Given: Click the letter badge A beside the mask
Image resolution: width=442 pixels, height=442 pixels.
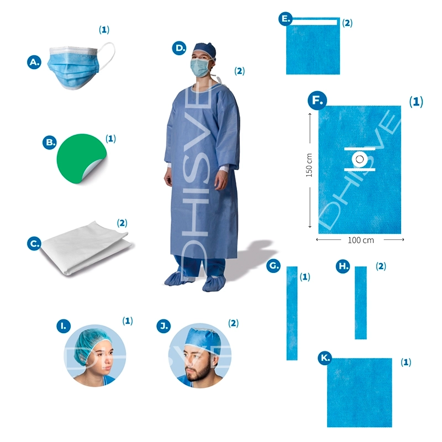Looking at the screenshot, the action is coord(34,62).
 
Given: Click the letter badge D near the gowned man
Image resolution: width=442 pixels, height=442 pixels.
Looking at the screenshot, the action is coord(179,48).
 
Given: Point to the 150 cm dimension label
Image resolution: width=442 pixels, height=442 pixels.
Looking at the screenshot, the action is coord(309,165).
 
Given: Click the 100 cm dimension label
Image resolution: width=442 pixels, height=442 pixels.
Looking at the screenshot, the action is coord(361,240).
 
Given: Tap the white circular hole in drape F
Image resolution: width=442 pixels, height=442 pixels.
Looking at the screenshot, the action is coord(360,159).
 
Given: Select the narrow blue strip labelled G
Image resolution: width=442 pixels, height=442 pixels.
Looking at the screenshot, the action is coord(292,313).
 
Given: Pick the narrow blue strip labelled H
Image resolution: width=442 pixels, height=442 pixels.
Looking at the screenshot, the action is coord(361,303).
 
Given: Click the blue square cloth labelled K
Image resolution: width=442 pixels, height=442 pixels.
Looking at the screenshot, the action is coord(360,393).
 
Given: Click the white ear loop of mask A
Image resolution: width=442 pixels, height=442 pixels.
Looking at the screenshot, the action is coord(107,55).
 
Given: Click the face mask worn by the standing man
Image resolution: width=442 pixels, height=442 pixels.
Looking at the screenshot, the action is coord(200,67).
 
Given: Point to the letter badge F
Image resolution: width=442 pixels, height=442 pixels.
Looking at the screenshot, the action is coord(317,101).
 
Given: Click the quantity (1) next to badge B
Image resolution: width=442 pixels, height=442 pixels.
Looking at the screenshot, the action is coord(110,139).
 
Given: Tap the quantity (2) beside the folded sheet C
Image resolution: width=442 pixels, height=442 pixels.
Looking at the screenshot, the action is coord(122,223).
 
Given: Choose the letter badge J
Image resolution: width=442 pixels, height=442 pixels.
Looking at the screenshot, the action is coord(164,326).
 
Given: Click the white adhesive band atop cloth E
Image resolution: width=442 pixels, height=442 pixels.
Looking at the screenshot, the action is coord(314,22).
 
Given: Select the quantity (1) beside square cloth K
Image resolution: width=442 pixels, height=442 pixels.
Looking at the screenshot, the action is coord(406,362).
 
